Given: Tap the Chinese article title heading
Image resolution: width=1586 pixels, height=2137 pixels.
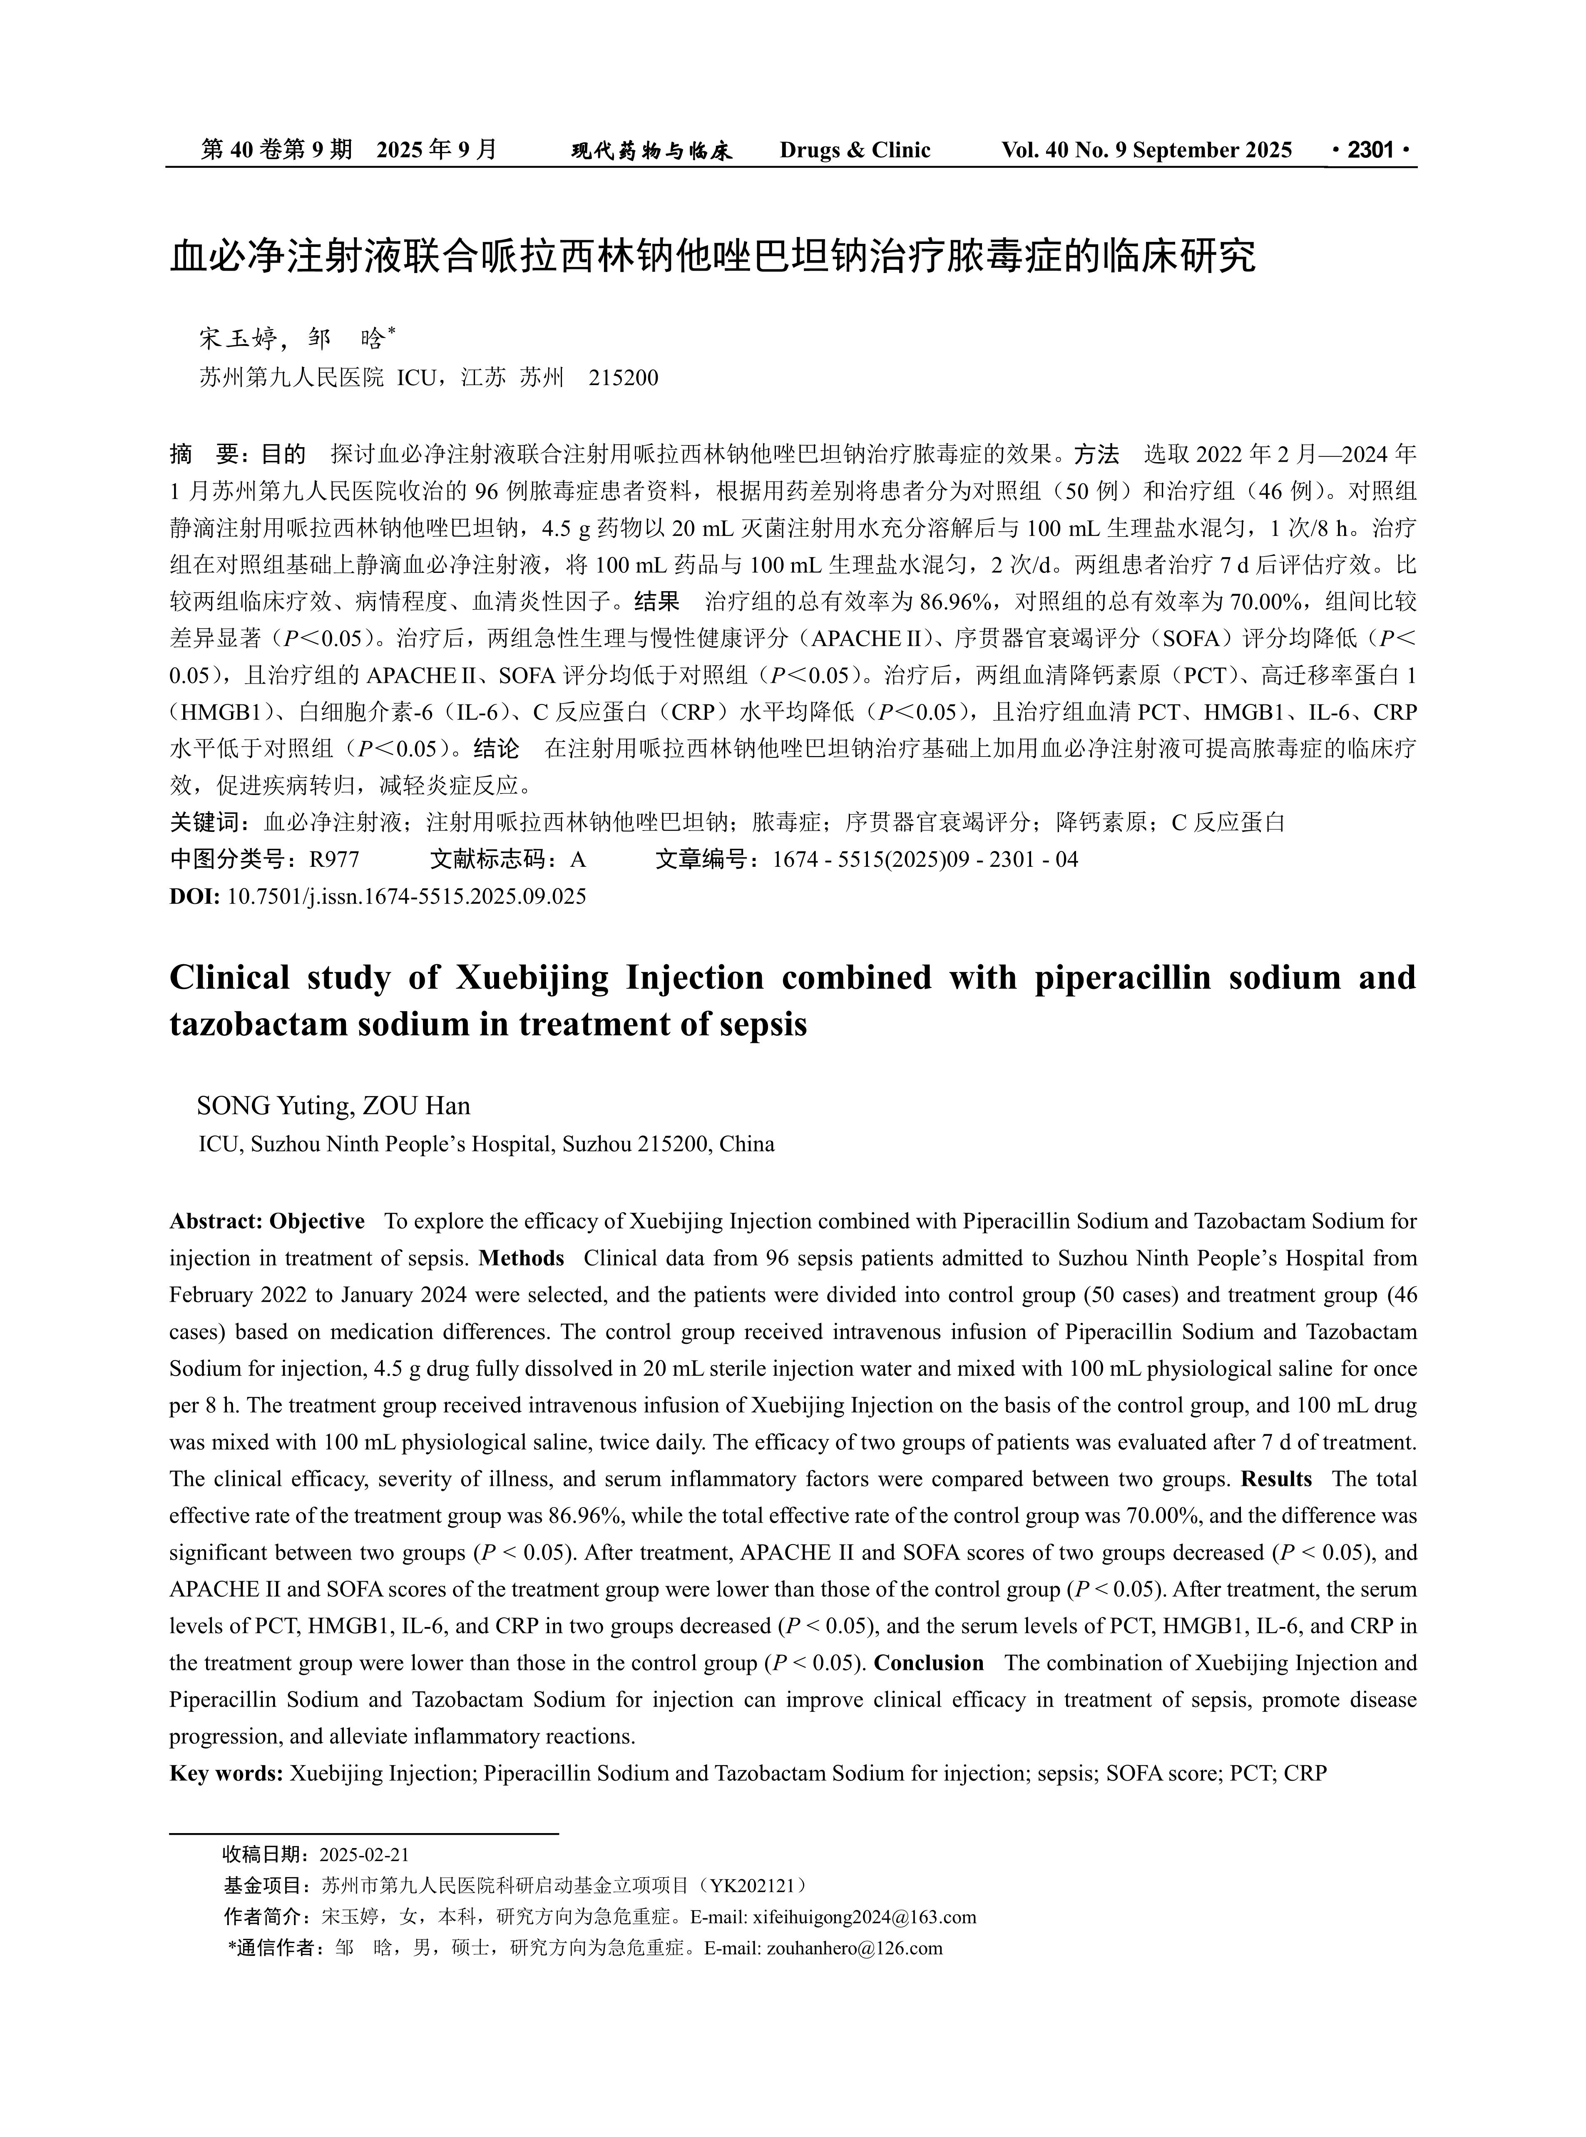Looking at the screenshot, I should click(712, 257).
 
